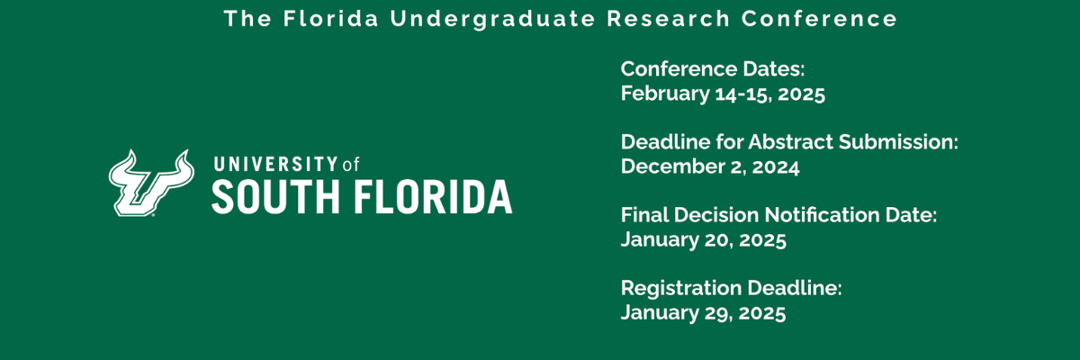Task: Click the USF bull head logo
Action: [x=151, y=183]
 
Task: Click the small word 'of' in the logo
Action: [x=351, y=165]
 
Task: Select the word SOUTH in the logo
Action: [x=275, y=196]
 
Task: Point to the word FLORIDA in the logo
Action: [x=433, y=196]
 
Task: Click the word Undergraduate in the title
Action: [x=493, y=19]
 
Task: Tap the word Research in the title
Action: [x=668, y=19]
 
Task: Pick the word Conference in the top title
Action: [x=819, y=19]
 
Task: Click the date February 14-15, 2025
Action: [x=723, y=94]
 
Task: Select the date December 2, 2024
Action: [x=710, y=166]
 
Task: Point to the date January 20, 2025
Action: [x=704, y=239]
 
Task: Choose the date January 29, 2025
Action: [x=704, y=312]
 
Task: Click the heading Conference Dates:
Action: [x=713, y=69]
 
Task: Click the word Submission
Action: [x=898, y=141]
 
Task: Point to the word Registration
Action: [x=680, y=288]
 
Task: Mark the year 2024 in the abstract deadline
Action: [x=776, y=166]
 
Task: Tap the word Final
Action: [x=644, y=215]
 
